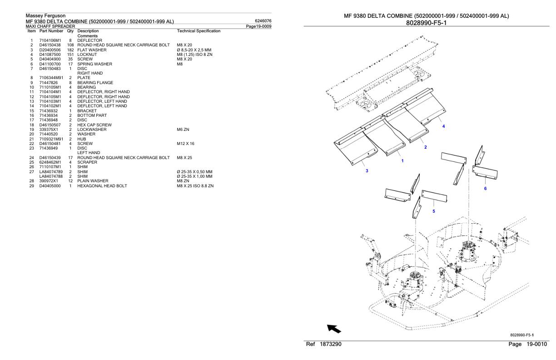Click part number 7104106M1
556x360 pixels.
coord(50,40)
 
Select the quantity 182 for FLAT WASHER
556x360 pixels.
coord(70,50)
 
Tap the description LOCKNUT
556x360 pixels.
coord(87,55)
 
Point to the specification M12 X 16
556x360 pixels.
coord(185,144)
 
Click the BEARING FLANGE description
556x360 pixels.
coord(95,83)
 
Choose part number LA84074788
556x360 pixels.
coord(51,176)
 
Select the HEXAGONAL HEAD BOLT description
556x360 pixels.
coord(102,186)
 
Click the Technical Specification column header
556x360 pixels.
coord(199,31)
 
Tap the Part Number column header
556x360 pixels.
coord(51,31)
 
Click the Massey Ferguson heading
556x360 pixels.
coord(46,15)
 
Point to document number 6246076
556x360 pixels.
coord(263,21)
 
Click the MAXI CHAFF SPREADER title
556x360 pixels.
coord(50,26)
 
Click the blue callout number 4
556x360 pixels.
coord(443,126)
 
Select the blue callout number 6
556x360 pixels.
coord(485,189)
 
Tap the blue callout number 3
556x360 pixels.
coord(367,171)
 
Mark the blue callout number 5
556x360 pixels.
coord(434,211)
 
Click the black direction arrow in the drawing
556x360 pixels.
coord(334,329)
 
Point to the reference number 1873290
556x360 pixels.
coord(330,344)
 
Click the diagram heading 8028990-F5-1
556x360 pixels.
coord(426,23)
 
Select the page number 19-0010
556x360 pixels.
coord(536,344)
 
